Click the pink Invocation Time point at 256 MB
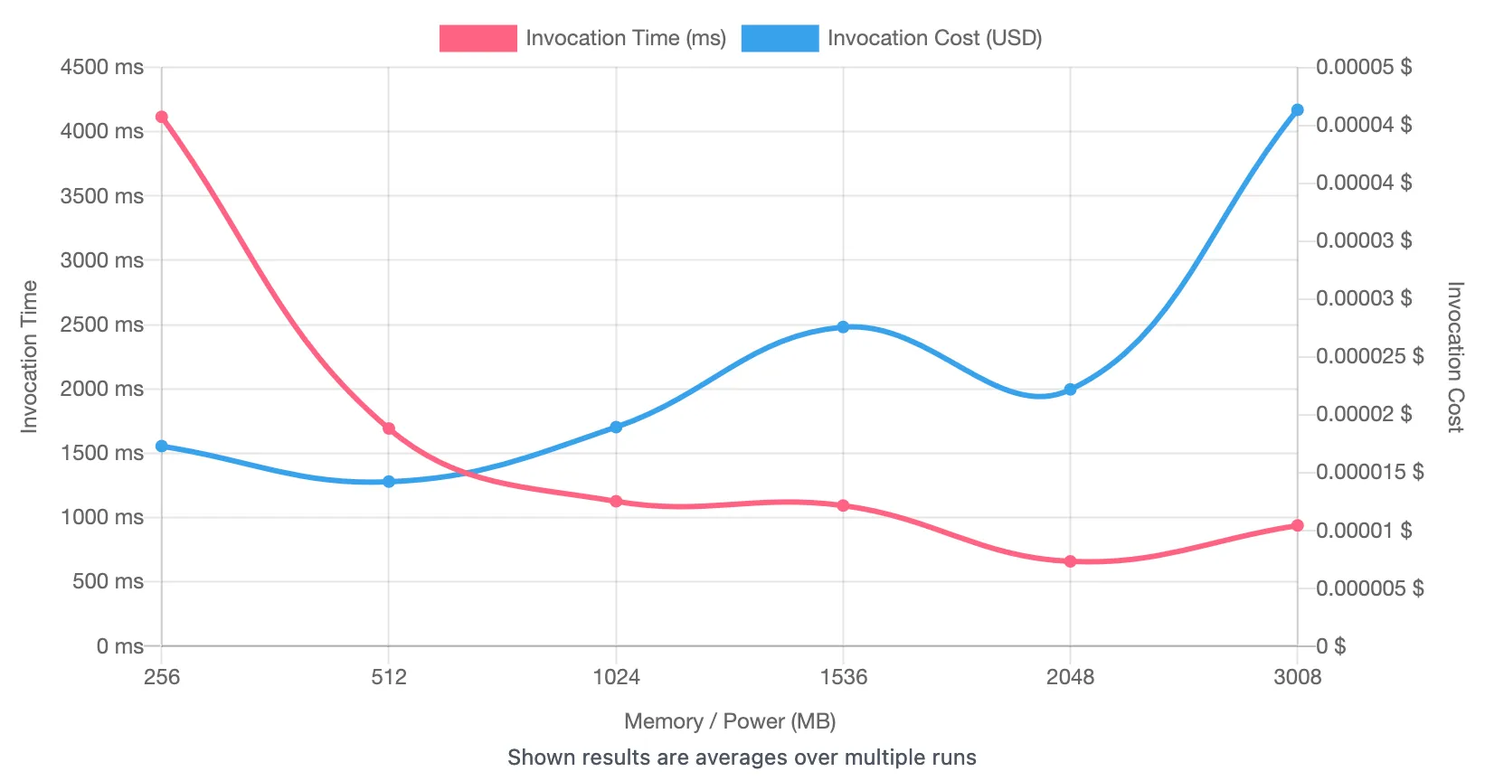[162, 117]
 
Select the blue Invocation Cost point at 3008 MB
[1297, 110]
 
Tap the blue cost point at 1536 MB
[843, 326]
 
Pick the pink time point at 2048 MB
[1070, 561]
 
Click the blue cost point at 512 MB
[389, 482]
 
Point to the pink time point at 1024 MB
[616, 501]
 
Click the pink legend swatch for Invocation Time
[478, 38]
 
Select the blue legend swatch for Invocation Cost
[780, 38]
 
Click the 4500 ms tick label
[101, 67]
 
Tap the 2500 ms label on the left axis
[101, 325]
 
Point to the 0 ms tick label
[119, 646]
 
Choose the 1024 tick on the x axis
[616, 677]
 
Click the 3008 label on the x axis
[1297, 677]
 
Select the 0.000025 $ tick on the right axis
[1369, 356]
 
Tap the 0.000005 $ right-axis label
[1369, 588]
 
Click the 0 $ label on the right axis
[1330, 646]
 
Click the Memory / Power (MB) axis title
[730, 721]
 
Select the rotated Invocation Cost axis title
[1454, 357]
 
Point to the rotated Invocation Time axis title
[30, 356]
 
